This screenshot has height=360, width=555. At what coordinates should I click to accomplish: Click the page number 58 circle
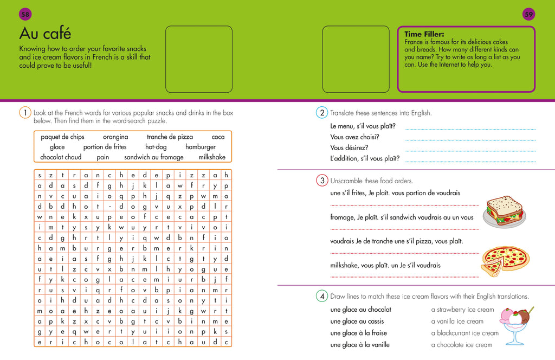click(25, 15)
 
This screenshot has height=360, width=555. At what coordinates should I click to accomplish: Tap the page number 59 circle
click(529, 15)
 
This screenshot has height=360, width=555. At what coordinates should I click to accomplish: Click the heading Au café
click(45, 34)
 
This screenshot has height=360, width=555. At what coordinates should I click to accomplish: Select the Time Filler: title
click(424, 34)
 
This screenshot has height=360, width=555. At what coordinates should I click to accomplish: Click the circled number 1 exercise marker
click(25, 113)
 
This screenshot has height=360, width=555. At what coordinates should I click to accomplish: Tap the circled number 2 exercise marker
click(321, 113)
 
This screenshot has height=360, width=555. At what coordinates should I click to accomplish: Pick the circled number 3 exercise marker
click(321, 181)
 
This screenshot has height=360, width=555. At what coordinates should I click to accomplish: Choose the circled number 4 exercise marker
click(321, 297)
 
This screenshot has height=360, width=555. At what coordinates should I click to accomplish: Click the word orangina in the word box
click(115, 137)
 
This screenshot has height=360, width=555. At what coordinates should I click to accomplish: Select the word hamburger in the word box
click(201, 147)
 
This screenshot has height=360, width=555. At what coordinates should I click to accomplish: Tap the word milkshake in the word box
click(212, 157)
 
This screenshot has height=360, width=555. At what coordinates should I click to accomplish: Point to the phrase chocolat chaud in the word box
click(61, 157)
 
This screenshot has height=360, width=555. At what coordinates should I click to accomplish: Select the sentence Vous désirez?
click(349, 147)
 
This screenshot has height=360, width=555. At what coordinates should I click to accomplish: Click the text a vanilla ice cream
click(457, 322)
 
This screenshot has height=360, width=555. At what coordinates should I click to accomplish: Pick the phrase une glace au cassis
click(357, 322)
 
